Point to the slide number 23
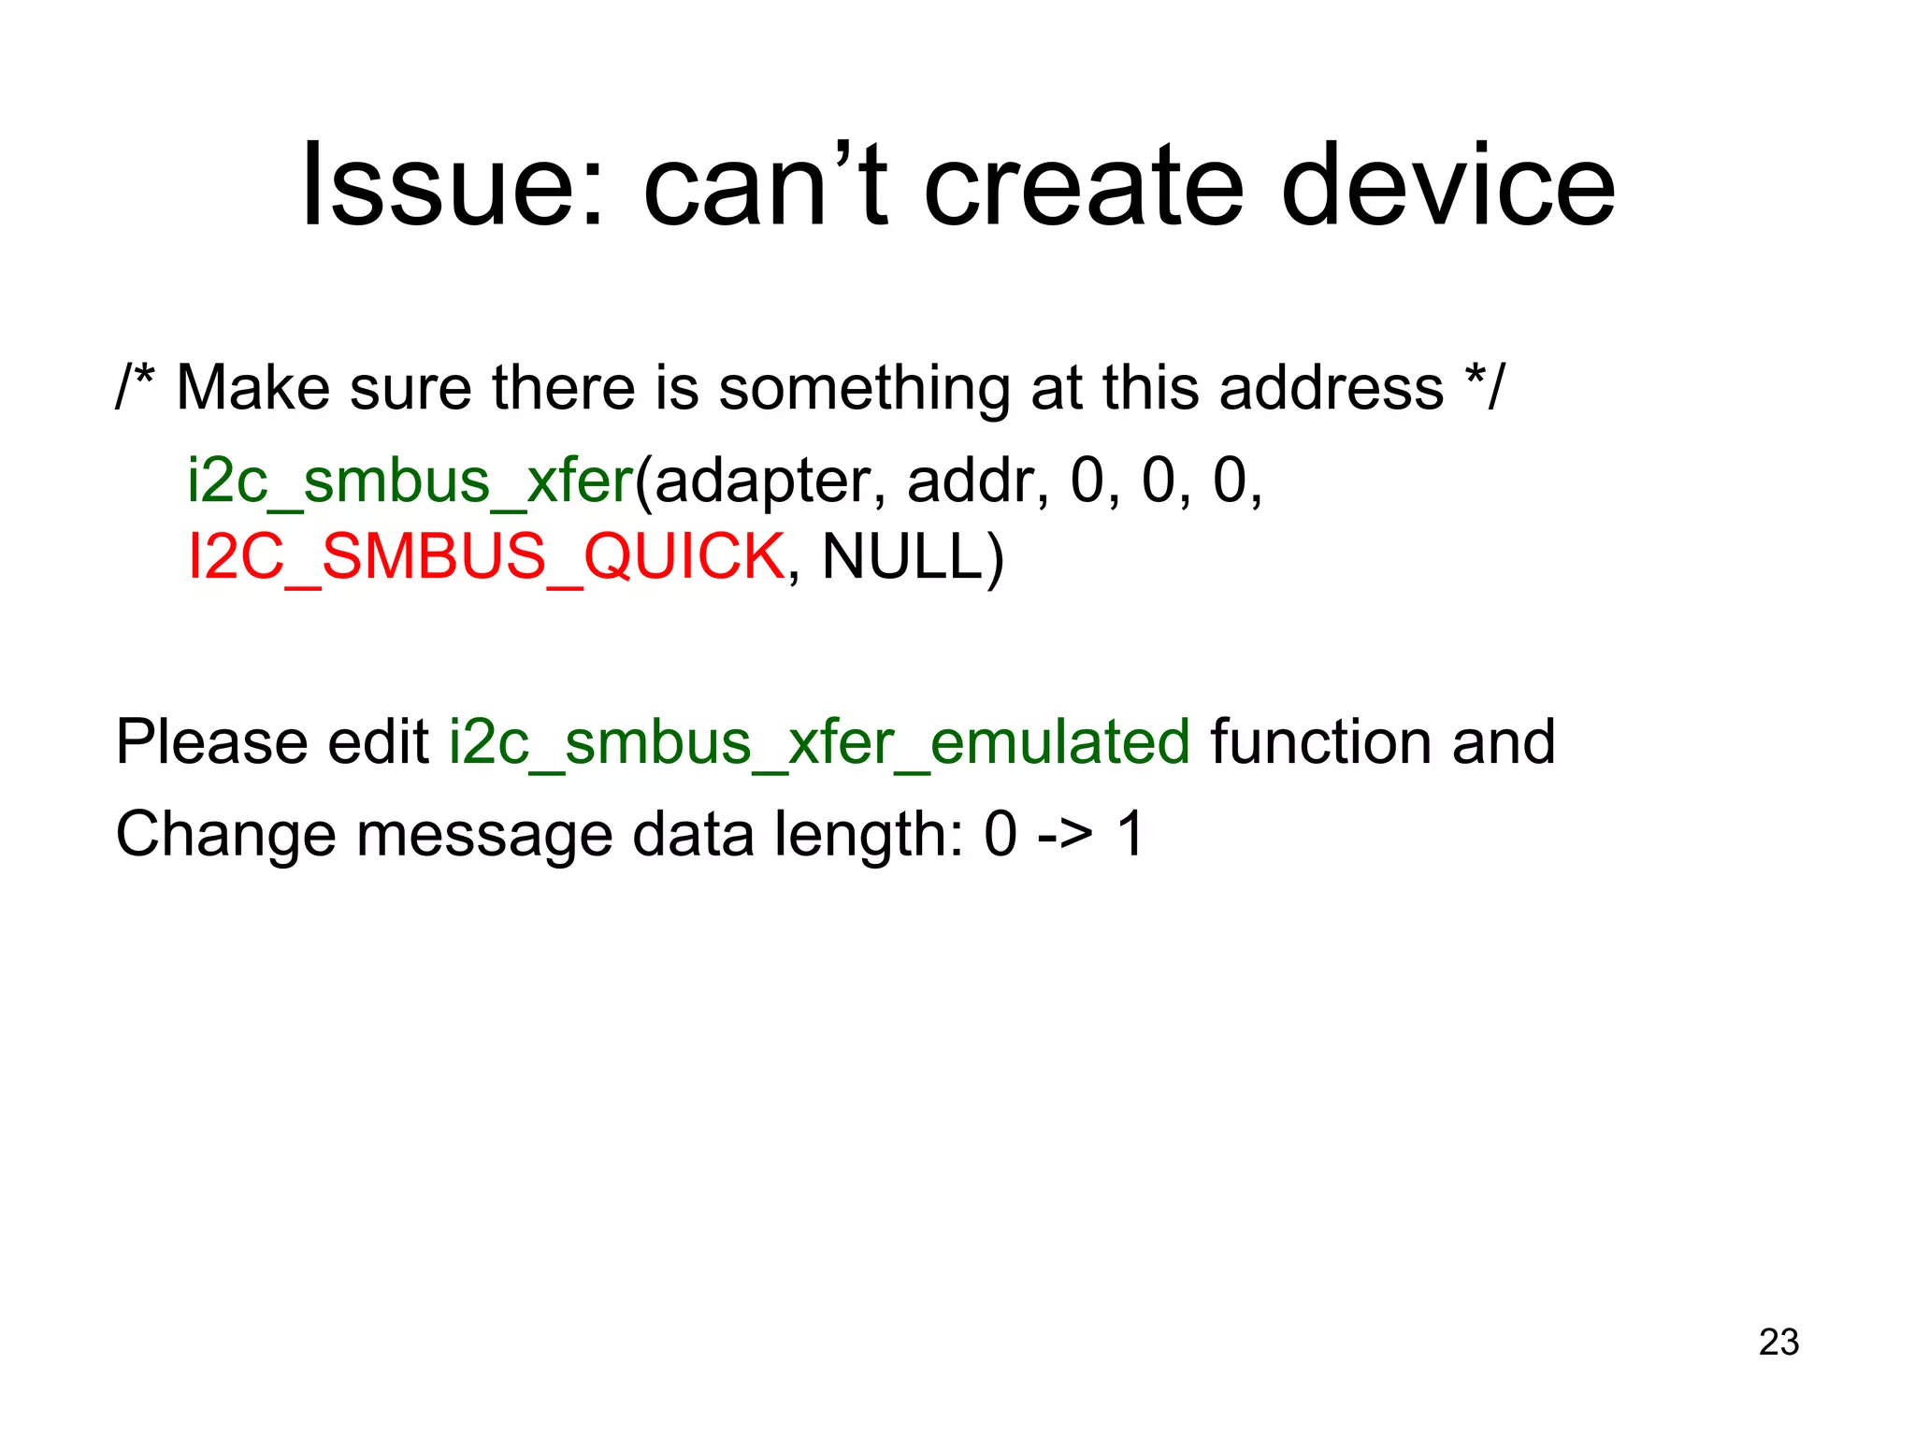point(1778,1342)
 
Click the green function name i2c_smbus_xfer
point(410,481)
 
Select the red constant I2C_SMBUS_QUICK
point(486,557)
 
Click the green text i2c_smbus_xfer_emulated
point(819,742)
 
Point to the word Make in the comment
point(252,387)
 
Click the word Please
point(211,742)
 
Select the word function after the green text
point(1321,742)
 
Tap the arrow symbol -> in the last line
point(1065,834)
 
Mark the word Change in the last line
point(225,834)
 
